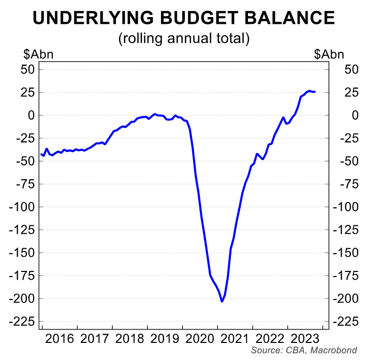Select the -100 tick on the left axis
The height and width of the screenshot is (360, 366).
(x=23, y=207)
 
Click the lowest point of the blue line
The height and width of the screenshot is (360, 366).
(x=222, y=301)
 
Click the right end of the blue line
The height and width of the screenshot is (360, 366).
(x=315, y=92)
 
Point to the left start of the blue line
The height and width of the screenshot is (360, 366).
(x=41, y=154)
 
